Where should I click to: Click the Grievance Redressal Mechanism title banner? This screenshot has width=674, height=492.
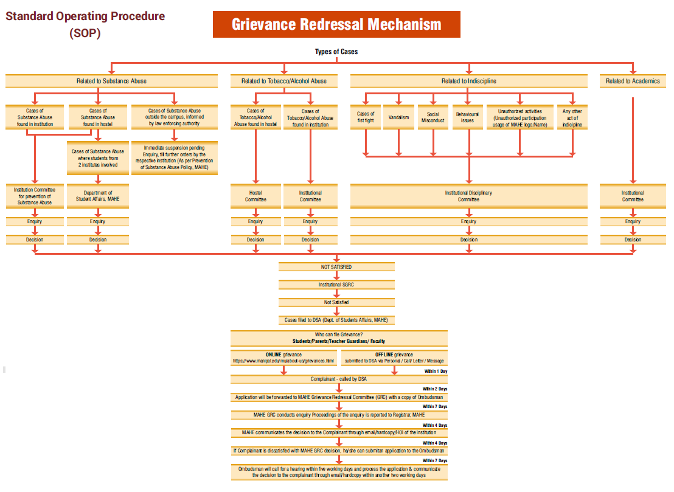tap(336, 24)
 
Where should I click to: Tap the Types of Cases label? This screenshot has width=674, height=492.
tap(336, 52)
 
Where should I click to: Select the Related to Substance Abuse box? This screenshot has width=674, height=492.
tap(111, 81)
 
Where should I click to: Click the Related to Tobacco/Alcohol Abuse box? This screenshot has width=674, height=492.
tap(283, 81)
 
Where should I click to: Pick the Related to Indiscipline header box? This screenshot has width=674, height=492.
tap(468, 81)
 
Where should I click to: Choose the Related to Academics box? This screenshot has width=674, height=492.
tap(633, 81)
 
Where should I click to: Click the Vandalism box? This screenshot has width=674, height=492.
tap(398, 117)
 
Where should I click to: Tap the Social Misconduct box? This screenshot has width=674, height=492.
tap(433, 117)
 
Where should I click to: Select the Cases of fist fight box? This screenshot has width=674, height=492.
tap(366, 117)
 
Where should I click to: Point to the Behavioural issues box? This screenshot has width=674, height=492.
tap(467, 117)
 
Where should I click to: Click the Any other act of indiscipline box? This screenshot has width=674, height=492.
tap(572, 117)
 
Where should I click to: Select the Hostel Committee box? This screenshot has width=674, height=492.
tap(255, 196)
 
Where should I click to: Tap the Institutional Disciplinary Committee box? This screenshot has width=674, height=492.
tap(468, 196)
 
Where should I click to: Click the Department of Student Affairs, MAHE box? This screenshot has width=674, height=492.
tap(97, 196)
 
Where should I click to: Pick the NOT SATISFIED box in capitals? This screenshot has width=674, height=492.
tap(336, 267)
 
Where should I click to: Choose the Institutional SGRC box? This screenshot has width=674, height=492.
tap(336, 285)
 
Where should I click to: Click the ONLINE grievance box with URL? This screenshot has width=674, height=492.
tap(283, 358)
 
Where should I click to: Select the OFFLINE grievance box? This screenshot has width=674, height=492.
tap(394, 358)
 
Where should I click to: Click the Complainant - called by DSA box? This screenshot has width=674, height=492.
tap(339, 379)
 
